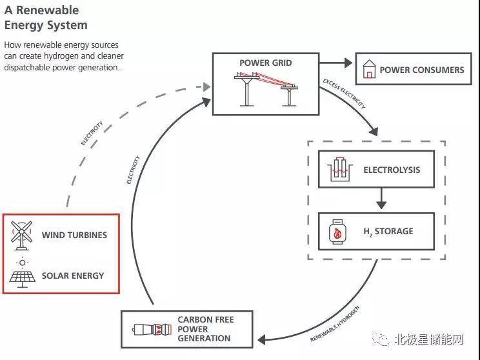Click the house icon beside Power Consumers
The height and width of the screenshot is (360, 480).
[370, 70]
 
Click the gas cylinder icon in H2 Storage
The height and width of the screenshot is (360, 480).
[337, 231]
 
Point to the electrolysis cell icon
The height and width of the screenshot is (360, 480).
[340, 170]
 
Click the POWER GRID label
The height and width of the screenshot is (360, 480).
[265, 63]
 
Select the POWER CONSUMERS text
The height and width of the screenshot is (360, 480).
[421, 70]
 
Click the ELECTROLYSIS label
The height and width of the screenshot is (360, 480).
[392, 170]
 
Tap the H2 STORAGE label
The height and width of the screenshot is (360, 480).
[388, 232]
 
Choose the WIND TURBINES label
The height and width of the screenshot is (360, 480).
[74, 235]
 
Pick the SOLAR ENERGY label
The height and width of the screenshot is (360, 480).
[73, 275]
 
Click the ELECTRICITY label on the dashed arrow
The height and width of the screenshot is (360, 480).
[92, 132]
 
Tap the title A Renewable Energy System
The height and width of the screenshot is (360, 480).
[46, 18]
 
